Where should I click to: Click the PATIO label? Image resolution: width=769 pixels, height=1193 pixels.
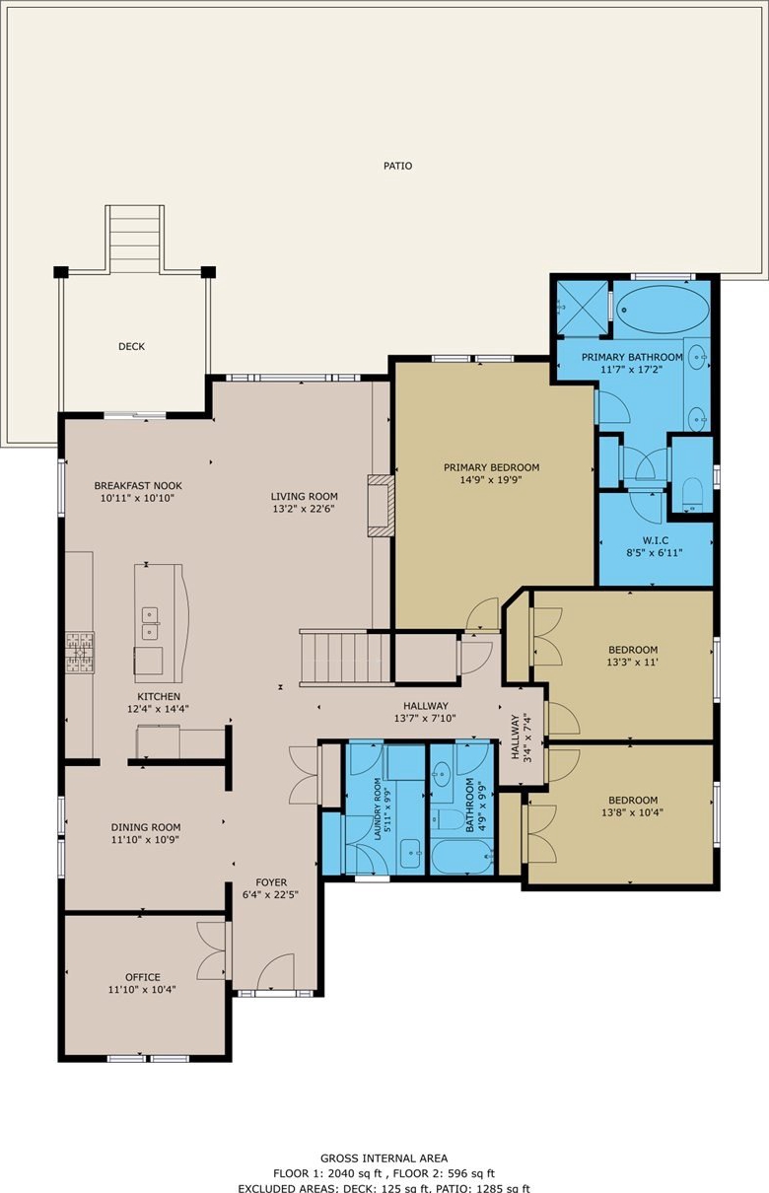pos(398,166)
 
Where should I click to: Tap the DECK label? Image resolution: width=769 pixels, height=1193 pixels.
pos(131,346)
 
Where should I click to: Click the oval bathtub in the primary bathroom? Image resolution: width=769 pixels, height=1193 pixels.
pos(661,309)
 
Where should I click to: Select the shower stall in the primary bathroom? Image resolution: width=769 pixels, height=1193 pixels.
pos(582,308)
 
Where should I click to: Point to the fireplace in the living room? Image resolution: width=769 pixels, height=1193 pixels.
pos(382,506)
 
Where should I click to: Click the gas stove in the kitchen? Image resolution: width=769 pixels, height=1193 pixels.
pos(80,653)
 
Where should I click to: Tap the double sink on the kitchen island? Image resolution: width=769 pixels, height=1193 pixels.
pos(150,624)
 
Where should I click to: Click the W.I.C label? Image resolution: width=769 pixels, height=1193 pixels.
pos(655,540)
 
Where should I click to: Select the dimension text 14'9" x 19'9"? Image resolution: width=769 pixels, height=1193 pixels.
pos(490,480)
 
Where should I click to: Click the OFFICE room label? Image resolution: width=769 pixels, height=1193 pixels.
pos(143,977)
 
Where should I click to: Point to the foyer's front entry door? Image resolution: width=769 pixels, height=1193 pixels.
pos(275,972)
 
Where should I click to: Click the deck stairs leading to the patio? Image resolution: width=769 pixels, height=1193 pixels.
pos(135,238)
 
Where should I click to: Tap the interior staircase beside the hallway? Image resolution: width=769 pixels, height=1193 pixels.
pos(347,658)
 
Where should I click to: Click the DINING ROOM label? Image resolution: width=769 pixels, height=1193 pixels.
pos(145,827)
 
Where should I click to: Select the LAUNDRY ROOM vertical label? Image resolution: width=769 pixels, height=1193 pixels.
pos(378,809)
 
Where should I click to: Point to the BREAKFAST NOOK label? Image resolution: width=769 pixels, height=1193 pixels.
pos(138,486)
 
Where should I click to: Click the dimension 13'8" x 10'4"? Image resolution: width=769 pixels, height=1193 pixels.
pos(633,812)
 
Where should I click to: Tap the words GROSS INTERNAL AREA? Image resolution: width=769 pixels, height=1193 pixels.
pos(384,1158)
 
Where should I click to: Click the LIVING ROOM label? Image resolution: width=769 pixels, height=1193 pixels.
pos(304,496)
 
